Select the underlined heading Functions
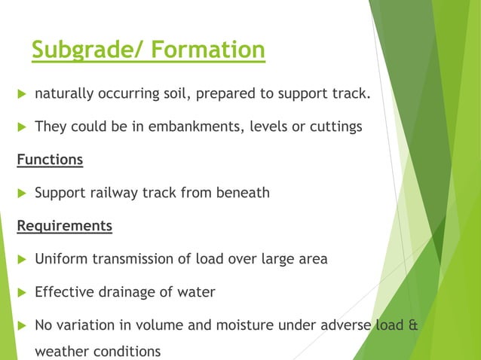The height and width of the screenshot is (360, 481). point(50,160)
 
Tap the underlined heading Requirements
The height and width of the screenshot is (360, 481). point(64,225)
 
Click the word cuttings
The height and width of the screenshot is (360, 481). point(336,127)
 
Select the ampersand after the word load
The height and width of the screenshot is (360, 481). point(411,325)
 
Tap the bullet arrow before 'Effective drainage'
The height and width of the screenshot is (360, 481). point(21,292)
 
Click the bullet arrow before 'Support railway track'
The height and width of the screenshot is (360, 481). point(21,193)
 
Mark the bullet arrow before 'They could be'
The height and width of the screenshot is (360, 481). point(21,127)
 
